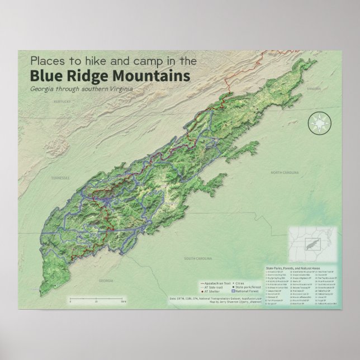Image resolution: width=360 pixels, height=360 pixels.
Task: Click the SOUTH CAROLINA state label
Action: pyautogui.click(x=197, y=259)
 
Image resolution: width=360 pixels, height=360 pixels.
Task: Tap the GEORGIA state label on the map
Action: pyautogui.click(x=105, y=280)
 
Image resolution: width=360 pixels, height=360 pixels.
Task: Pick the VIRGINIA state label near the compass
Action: pyautogui.click(x=314, y=89)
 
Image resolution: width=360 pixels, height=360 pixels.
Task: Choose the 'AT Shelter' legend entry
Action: pyautogui.click(x=212, y=291)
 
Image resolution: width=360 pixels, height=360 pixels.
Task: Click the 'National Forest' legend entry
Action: pyautogui.click(x=250, y=291)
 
